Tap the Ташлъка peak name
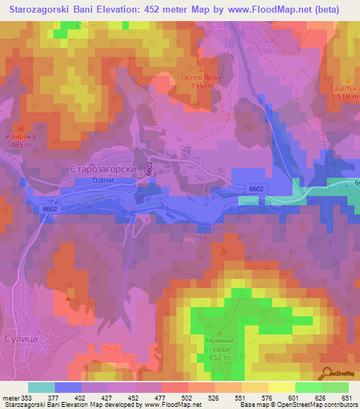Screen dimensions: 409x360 pos(345,89)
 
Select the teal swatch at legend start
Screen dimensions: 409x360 pos(41,387)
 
